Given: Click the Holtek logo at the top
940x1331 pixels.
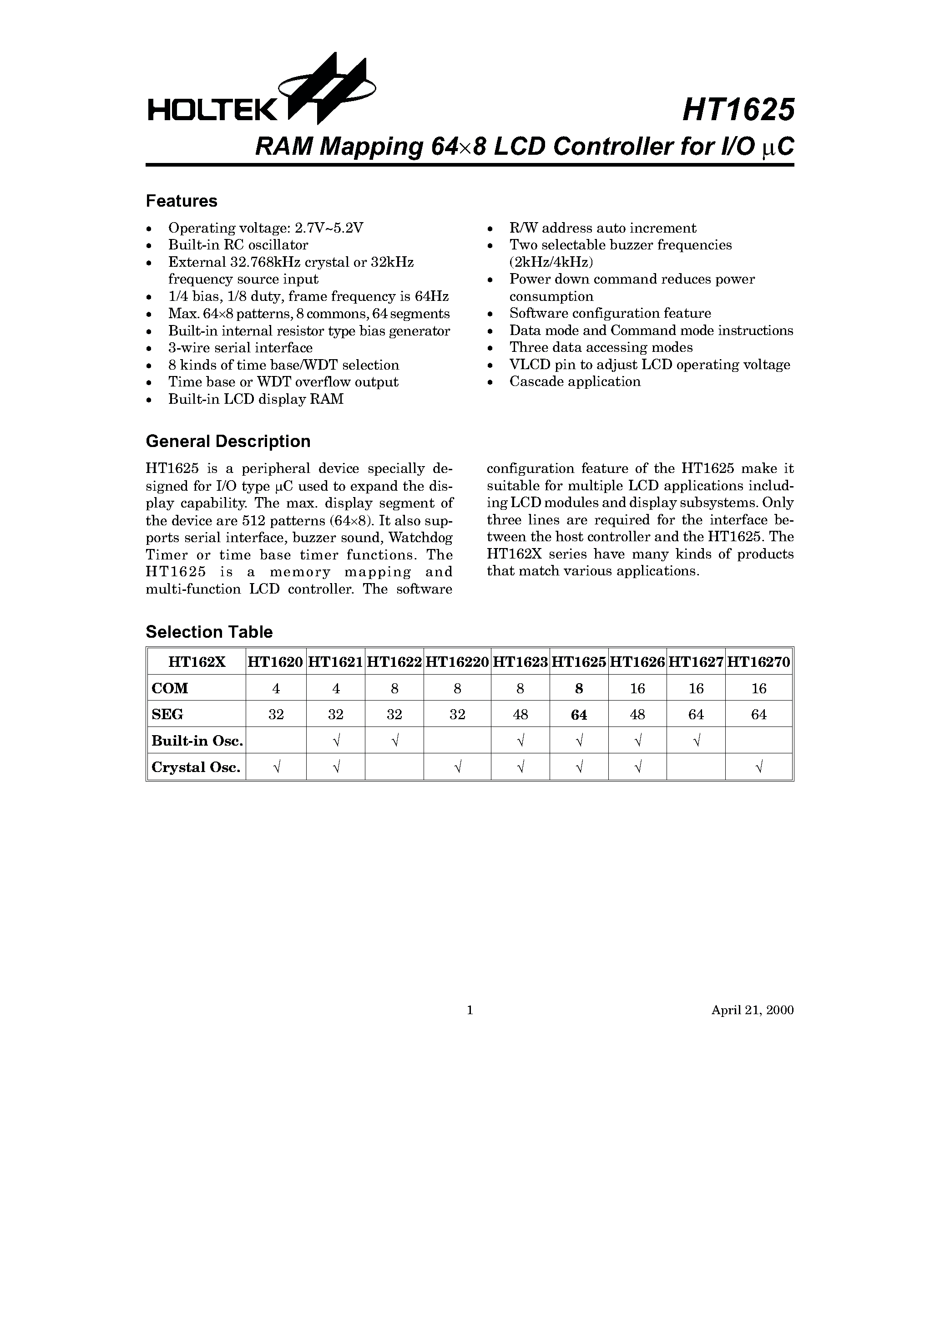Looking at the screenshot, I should [x=261, y=93].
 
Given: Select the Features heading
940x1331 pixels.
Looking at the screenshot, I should [x=182, y=201].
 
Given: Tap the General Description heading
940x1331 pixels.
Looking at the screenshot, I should [x=228, y=441].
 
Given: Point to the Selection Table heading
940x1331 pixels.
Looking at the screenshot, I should [x=209, y=632].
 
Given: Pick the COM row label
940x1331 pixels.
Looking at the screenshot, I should [x=170, y=688].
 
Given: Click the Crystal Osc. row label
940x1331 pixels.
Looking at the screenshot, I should [x=196, y=767].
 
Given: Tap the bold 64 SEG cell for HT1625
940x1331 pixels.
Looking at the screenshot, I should [x=579, y=715].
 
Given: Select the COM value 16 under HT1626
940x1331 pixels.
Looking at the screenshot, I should [x=637, y=688].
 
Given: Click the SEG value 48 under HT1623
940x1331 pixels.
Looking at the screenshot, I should [x=521, y=715].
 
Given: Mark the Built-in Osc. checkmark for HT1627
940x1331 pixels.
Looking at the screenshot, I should [x=696, y=741].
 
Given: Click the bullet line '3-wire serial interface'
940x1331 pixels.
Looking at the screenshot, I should [x=240, y=348].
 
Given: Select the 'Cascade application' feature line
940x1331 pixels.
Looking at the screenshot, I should [x=575, y=381].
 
